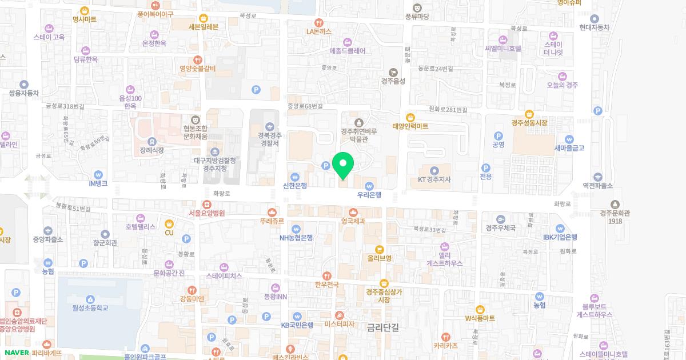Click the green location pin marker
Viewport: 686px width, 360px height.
tap(343, 166)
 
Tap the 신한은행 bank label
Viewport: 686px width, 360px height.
tap(295, 186)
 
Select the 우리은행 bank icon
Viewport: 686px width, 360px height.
tap(369, 186)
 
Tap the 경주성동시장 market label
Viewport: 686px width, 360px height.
tap(529, 123)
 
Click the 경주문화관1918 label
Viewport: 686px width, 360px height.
tap(615, 217)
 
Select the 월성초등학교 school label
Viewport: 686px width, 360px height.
tap(90, 308)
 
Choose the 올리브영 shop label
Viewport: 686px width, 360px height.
tap(379, 258)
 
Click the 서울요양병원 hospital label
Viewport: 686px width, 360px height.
tap(206, 213)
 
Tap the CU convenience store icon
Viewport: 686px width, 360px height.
tap(169, 223)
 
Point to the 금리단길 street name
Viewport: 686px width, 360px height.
tap(382, 327)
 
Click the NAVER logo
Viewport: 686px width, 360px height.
tap(17, 353)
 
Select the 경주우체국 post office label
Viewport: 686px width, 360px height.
tap(501, 228)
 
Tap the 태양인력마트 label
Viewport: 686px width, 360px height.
tap(410, 126)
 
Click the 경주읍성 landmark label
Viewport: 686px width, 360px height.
tap(393, 81)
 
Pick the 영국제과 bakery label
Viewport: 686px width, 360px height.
tap(353, 221)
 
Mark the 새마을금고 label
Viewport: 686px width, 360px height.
tap(569, 148)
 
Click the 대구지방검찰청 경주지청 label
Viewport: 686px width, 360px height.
tap(214, 164)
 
